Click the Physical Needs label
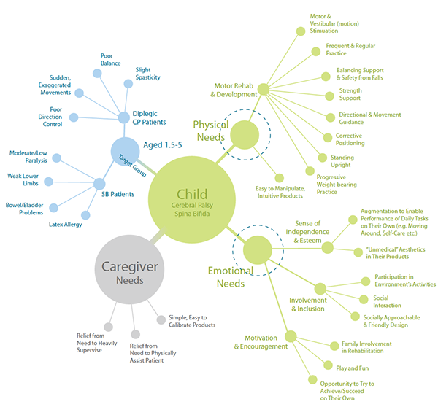coord(210,131)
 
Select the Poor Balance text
coord(111,58)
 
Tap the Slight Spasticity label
coord(148,74)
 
